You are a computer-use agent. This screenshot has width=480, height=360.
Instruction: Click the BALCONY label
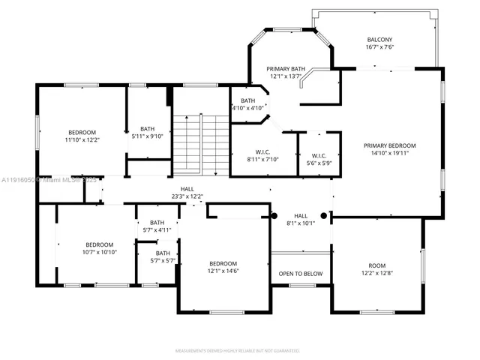[379, 40]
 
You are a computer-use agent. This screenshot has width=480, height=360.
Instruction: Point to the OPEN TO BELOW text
[300, 274]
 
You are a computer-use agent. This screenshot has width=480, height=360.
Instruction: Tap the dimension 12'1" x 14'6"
[223, 272]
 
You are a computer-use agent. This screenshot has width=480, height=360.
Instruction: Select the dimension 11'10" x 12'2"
[82, 139]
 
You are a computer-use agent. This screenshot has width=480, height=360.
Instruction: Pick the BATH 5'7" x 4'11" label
[157, 226]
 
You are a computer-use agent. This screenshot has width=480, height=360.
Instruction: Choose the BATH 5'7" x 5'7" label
[157, 257]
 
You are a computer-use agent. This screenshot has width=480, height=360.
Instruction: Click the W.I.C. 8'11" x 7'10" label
[262, 154]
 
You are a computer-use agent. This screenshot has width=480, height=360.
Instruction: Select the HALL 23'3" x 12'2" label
[187, 193]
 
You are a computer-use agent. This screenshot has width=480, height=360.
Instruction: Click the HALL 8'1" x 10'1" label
[300, 218]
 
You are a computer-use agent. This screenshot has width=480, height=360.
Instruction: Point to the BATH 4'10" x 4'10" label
[247, 104]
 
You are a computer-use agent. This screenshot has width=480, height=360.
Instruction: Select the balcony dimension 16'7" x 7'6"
[379, 47]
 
